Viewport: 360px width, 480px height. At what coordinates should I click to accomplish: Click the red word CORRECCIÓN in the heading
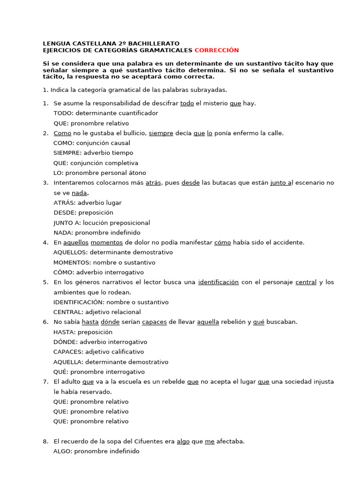point(217,50)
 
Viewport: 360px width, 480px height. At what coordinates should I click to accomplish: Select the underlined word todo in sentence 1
point(187,103)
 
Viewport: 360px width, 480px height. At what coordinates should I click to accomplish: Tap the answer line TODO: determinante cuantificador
point(105,113)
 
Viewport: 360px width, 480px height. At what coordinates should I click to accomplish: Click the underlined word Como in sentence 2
point(62,133)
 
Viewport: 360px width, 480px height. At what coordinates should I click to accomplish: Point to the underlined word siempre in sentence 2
point(161,133)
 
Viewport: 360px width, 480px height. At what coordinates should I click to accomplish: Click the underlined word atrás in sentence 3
point(153,183)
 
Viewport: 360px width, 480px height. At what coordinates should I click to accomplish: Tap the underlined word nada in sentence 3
point(79,193)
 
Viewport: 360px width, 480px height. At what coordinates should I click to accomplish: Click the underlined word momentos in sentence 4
point(106,242)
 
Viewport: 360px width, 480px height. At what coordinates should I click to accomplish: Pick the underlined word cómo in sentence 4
point(222,242)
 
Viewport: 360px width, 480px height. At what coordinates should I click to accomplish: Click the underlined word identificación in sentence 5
point(218,282)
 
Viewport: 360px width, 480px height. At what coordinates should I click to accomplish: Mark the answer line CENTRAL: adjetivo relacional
point(97,312)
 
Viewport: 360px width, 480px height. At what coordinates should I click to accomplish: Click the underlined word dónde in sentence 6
point(110,322)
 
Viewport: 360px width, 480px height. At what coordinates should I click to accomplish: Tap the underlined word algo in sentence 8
point(183,441)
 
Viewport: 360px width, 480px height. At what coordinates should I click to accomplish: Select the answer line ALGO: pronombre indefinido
point(96,451)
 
